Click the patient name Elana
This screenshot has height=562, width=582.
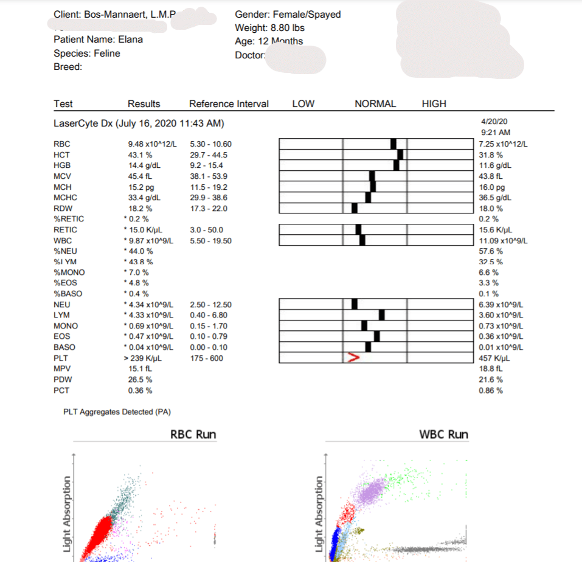(130, 40)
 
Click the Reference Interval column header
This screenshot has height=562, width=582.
(229, 104)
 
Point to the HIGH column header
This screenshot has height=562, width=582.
(434, 104)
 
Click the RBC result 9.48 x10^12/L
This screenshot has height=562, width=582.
(152, 144)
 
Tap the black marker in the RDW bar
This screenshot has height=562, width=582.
(355, 208)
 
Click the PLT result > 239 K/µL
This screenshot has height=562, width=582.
(144, 358)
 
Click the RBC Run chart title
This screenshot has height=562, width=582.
(193, 434)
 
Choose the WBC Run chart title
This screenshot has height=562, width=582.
(444, 434)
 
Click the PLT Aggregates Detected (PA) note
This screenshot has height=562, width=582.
(117, 412)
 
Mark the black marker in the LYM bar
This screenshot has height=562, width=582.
(382, 315)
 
